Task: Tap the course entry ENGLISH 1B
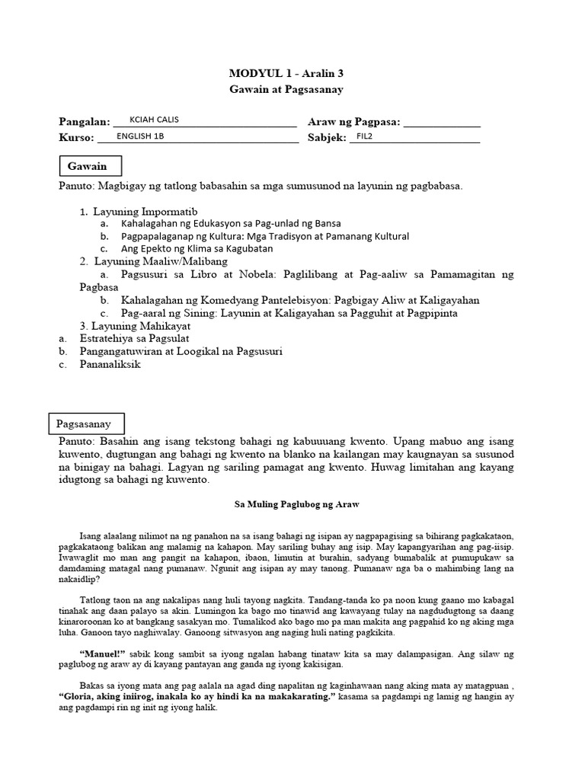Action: pyautogui.click(x=140, y=136)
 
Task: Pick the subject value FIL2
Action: pyautogui.click(x=365, y=136)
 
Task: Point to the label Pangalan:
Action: pyautogui.click(x=85, y=123)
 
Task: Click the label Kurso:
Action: pyautogui.click(x=76, y=138)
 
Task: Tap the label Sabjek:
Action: pyautogui.click(x=326, y=138)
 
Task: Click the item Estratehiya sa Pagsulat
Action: pyautogui.click(x=134, y=337)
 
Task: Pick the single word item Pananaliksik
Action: pyautogui.click(x=110, y=364)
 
